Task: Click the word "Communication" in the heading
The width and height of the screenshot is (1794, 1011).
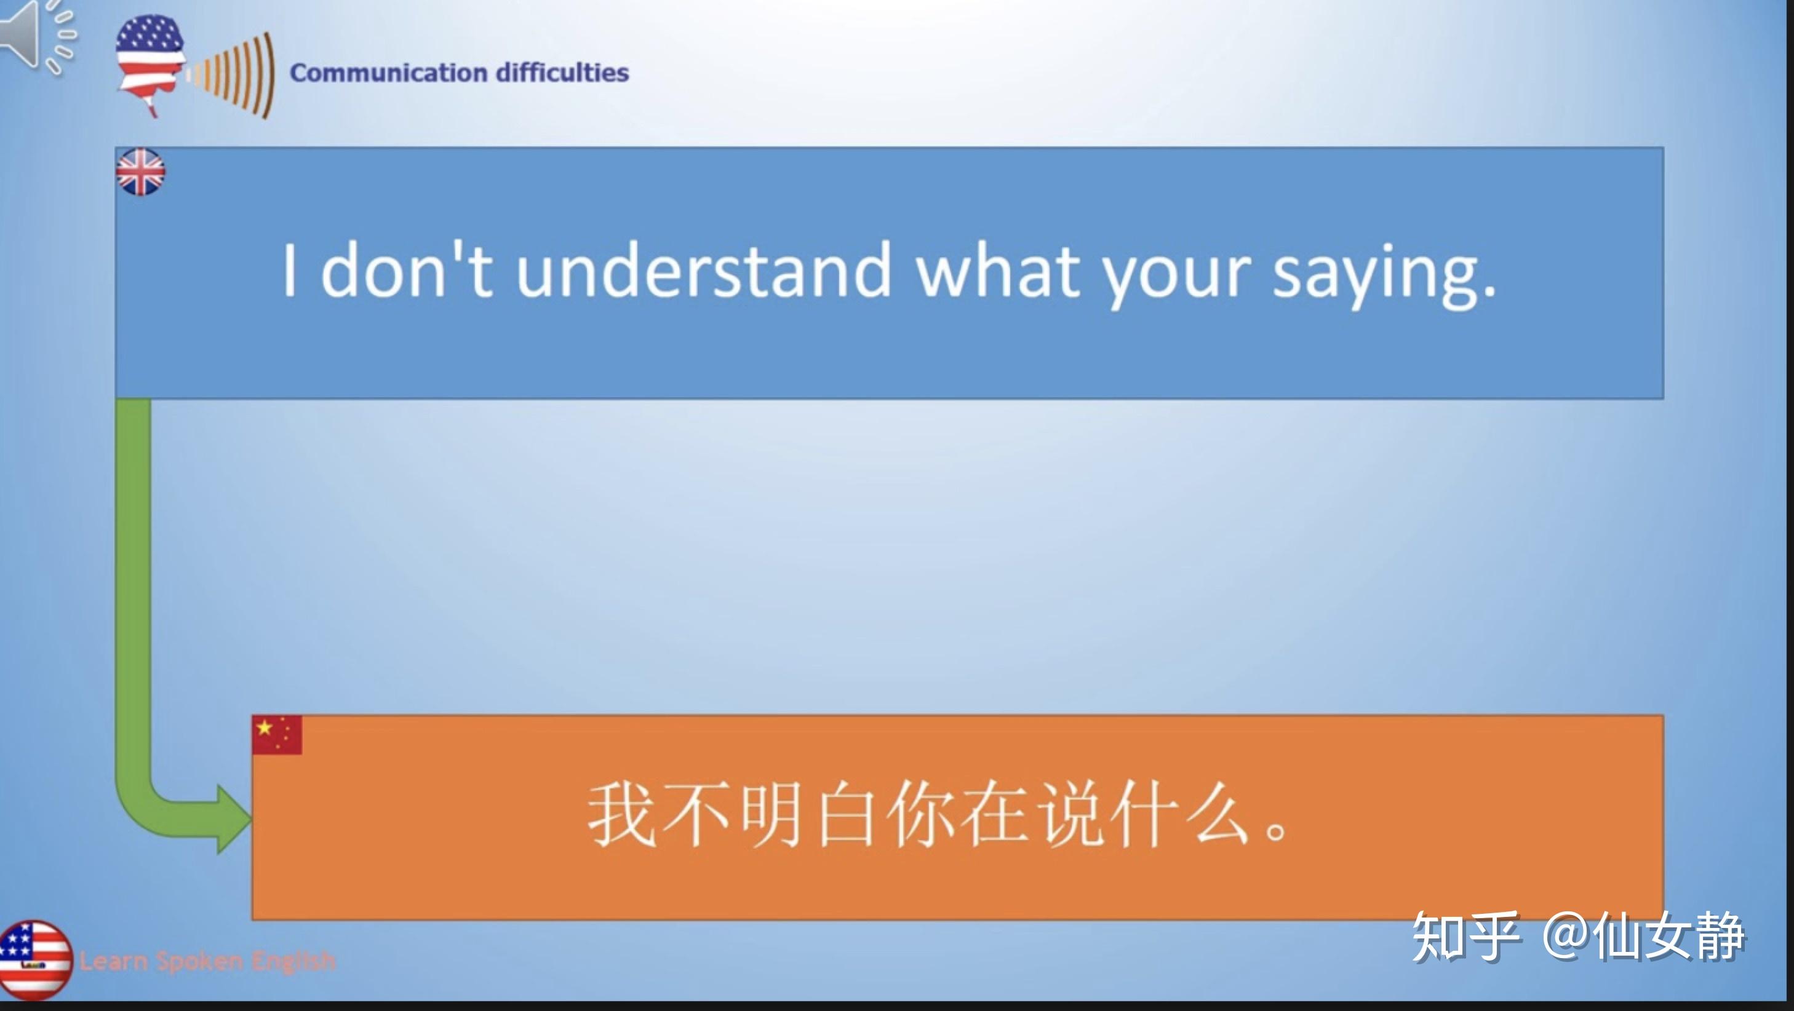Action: [388, 73]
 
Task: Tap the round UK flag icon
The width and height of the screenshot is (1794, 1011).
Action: [141, 172]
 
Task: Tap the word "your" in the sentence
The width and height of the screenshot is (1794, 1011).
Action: [1176, 276]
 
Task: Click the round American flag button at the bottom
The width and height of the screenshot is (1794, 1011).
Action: [35, 959]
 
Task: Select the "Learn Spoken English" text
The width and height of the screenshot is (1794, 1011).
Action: [207, 961]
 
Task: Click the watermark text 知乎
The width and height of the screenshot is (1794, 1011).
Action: [1465, 937]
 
